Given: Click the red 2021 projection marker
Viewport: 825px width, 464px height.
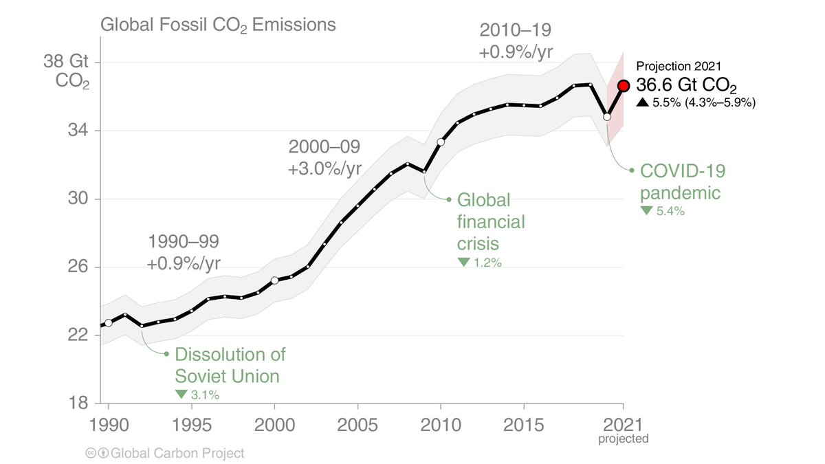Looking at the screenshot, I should pyautogui.click(x=624, y=86).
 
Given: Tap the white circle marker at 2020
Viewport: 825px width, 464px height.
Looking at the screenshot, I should pyautogui.click(x=607, y=117).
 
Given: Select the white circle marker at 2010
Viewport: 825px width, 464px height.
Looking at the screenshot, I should pyautogui.click(x=441, y=142).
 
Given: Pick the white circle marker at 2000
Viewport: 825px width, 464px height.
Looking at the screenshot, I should pyautogui.click(x=274, y=280).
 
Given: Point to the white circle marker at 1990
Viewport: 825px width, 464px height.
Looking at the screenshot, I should pyautogui.click(x=108, y=322).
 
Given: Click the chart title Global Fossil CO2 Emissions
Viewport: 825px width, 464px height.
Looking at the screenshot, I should pyautogui.click(x=218, y=25).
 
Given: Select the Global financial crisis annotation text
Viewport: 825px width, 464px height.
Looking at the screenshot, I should pyautogui.click(x=491, y=222).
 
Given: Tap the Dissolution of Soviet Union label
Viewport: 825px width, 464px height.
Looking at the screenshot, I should pyautogui.click(x=230, y=365).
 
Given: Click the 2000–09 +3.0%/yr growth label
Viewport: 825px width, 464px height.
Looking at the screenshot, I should pyautogui.click(x=324, y=157).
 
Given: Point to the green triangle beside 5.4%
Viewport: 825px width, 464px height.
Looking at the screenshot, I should pyautogui.click(x=646, y=211).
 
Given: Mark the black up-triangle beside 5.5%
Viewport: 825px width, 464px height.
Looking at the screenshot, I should pyautogui.click(x=641, y=103).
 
